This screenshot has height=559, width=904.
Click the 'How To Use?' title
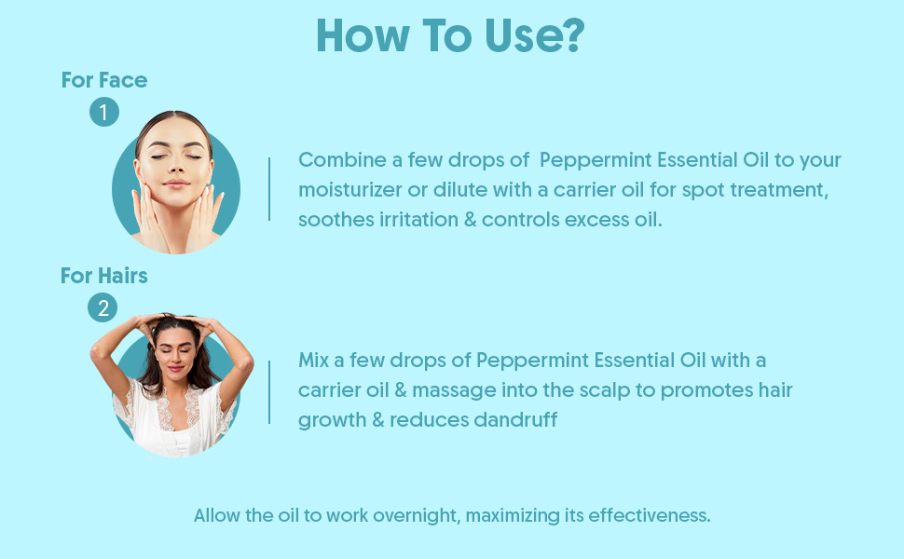tap(450, 35)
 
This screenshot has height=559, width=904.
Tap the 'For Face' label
tap(104, 80)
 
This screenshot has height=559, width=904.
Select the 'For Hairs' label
tap(103, 276)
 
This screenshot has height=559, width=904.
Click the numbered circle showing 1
tap(104, 112)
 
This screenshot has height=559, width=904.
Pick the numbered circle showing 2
tap(103, 307)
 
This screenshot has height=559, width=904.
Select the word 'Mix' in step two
tap(314, 361)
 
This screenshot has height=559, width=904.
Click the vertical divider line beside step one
tap(269, 189)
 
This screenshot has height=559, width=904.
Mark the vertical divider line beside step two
tap(269, 392)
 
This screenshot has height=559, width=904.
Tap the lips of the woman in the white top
tap(176, 368)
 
